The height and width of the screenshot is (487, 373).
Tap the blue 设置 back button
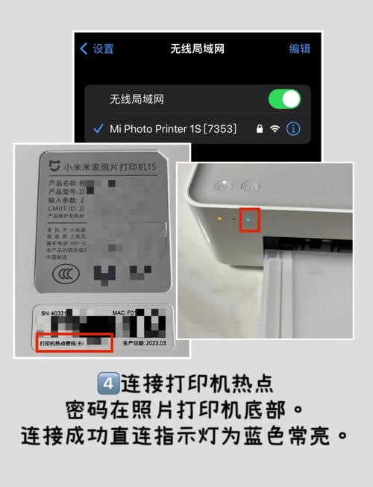point(97,49)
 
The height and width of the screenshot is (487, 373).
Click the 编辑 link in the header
point(300,49)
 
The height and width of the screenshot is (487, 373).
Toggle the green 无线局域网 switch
point(284,98)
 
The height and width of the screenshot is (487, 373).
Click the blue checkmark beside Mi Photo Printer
point(98,129)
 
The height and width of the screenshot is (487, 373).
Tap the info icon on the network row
point(293,129)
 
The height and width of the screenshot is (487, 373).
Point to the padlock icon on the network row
point(258,129)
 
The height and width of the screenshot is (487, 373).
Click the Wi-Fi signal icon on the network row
point(275,129)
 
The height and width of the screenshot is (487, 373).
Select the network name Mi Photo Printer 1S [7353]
point(173,129)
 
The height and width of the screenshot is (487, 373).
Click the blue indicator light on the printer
point(250,220)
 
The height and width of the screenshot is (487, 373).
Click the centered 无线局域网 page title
point(197,49)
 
